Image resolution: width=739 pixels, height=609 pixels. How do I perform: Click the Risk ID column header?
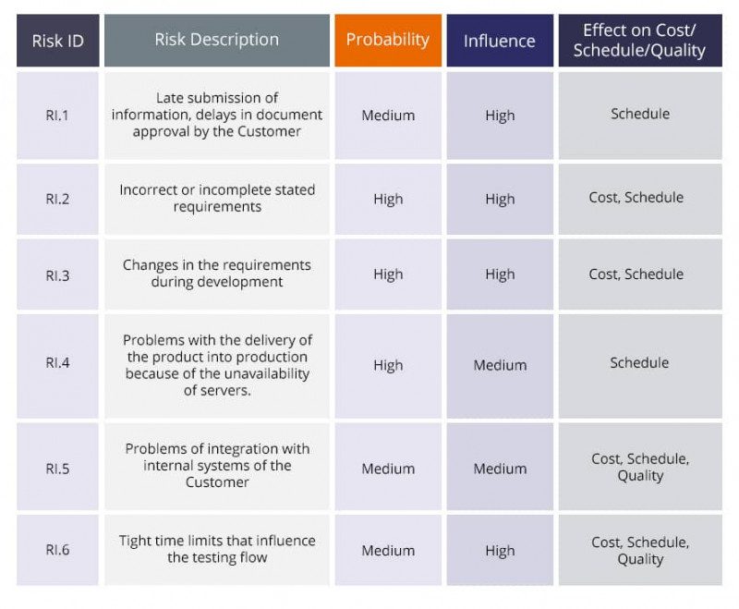tap(57, 41)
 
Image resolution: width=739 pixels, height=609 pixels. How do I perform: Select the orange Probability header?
tap(387, 40)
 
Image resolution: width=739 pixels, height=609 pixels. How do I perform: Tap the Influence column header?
tap(499, 41)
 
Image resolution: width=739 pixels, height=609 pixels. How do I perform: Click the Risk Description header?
tap(216, 40)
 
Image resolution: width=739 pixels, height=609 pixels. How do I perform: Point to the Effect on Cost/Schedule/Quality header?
tap(639, 41)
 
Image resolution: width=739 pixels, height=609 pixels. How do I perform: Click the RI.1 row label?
tap(57, 116)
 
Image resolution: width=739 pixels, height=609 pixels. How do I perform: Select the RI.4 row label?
tap(57, 363)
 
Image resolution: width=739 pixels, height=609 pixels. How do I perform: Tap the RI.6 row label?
tap(57, 551)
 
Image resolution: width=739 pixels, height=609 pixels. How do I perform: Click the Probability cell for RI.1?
tap(388, 116)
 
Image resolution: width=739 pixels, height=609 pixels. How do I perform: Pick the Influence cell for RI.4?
tap(500, 365)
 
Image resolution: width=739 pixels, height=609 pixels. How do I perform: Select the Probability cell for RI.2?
tap(388, 199)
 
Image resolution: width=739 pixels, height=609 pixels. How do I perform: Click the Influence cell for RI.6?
tap(500, 551)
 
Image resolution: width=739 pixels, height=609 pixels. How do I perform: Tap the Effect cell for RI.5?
tap(640, 468)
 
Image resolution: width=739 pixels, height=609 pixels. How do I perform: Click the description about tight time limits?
tap(217, 549)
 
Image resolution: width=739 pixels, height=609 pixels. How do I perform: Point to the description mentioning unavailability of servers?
tap(217, 365)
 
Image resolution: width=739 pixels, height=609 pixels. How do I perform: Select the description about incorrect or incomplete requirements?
tap(217, 198)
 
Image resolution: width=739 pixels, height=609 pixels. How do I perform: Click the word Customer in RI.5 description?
tap(217, 482)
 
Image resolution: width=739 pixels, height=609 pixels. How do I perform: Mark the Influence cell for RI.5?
tap(500, 469)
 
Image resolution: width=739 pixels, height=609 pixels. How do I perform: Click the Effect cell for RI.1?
tap(640, 115)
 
